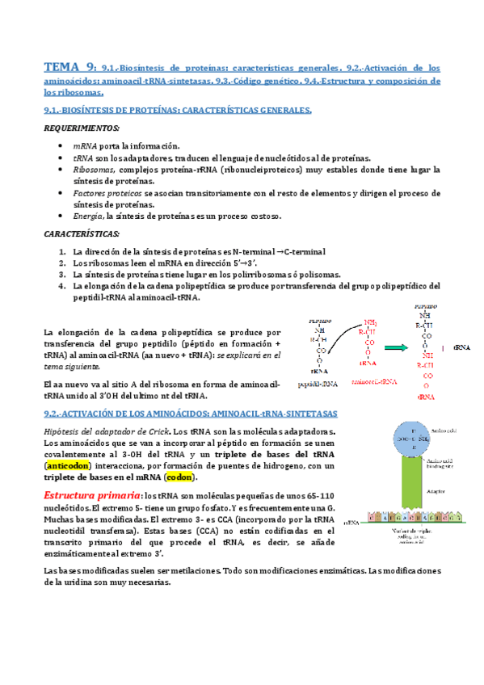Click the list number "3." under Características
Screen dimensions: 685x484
click(63, 274)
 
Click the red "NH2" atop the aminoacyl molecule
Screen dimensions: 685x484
click(371, 319)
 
